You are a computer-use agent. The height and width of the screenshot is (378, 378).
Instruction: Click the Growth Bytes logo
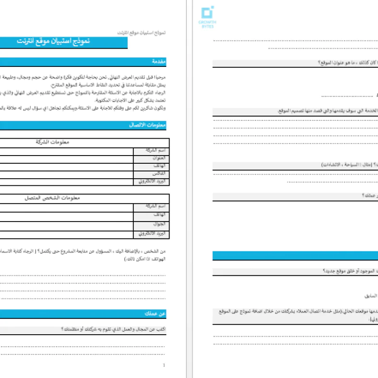[207, 17]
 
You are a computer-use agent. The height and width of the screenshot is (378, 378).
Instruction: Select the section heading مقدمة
[159, 62]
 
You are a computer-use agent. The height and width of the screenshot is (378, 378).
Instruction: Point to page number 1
[164, 365]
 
